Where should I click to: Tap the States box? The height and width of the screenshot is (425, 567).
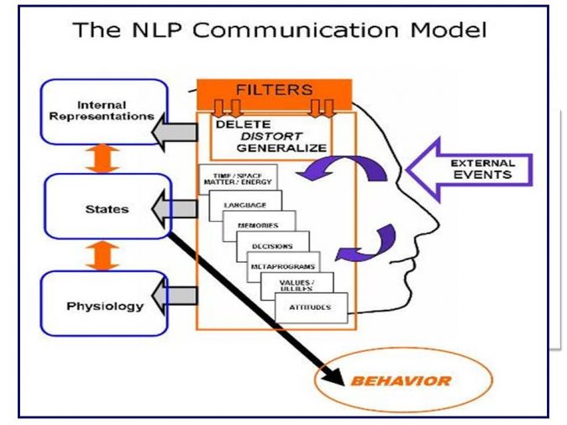coord(108,207)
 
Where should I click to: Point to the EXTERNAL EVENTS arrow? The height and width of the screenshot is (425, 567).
coord(470,169)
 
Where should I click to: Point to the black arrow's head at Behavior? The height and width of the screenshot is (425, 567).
coord(339,376)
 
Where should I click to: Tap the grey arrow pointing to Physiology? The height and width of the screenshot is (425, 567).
coord(176,296)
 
